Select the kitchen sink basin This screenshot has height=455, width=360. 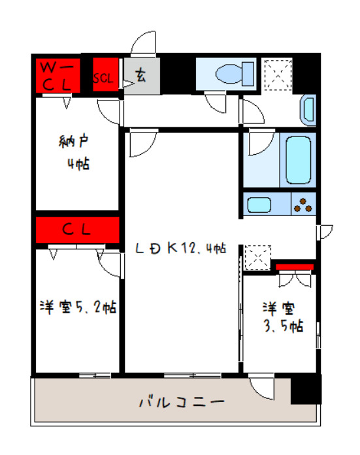[x=263, y=206]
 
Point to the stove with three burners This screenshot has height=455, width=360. [x=303, y=205]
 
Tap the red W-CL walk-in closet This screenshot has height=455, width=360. [x=57, y=75]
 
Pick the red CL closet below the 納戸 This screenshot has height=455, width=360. [x=77, y=230]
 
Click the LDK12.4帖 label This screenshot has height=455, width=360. [x=180, y=248]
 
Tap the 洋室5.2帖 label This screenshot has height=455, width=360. [x=77, y=306]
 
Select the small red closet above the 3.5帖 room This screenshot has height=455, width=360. [x=295, y=266]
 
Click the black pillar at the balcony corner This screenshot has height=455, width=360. [x=306, y=389]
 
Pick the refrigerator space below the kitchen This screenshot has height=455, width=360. [x=257, y=257]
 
